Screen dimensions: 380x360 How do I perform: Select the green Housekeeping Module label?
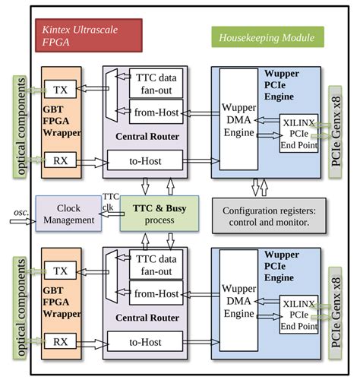[267, 36]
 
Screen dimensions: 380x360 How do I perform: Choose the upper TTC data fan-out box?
[156, 84]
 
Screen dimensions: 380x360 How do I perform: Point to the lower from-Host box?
[156, 293]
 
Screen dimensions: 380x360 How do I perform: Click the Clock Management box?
[67, 214]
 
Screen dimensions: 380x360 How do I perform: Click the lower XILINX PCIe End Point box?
[298, 314]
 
